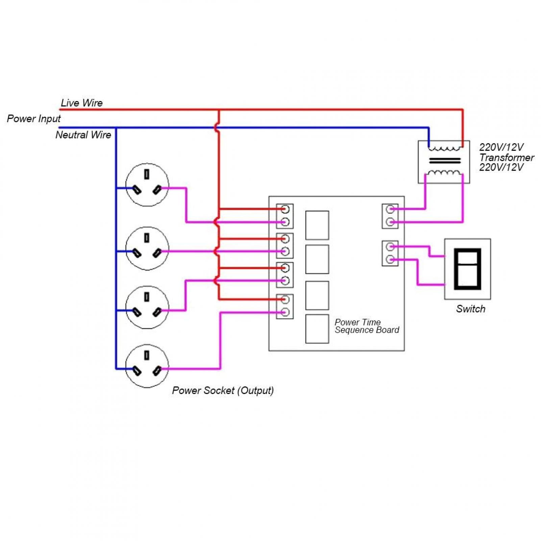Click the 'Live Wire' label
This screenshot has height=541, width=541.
81,103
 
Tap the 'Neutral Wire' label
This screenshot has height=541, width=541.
83,135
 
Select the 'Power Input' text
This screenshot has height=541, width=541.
34,119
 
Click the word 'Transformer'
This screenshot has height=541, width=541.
506,157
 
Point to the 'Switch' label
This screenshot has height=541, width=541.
470,309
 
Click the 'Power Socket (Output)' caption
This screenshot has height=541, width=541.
223,390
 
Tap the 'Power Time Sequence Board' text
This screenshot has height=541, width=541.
367,326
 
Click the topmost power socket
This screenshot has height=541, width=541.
147,185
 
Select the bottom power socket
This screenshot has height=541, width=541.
147,366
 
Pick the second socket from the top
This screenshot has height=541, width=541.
147,248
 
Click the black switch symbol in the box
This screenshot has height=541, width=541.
467,269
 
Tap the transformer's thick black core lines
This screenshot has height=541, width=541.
445,160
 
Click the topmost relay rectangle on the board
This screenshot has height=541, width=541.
317,225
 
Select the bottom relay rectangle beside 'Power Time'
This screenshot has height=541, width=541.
317,329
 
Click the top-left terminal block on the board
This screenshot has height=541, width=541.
285,216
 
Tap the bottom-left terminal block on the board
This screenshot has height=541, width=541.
285,306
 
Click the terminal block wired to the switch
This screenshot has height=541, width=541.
390,253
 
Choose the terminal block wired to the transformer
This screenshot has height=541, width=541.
390,216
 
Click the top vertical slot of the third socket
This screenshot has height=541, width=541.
147,297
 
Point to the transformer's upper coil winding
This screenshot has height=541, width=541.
444,148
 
